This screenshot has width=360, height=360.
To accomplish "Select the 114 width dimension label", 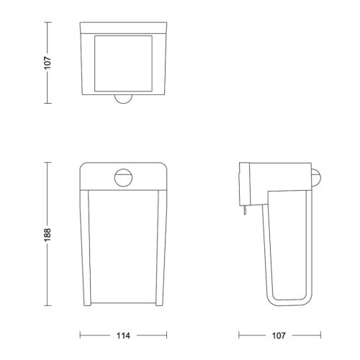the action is point(123,336).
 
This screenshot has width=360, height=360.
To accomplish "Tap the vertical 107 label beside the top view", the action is point(48,63).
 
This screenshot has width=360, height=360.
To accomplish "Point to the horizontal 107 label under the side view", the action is point(279,336).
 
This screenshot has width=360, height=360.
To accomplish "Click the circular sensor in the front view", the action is point(123,178).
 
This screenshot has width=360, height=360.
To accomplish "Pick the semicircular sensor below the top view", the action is point(123,99).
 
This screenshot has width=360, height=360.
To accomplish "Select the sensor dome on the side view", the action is point(316,178).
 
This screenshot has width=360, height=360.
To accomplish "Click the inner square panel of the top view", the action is point(123,63).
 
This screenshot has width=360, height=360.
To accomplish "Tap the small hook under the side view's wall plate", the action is point(245,211).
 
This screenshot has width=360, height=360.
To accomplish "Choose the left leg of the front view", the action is point(85,248).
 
